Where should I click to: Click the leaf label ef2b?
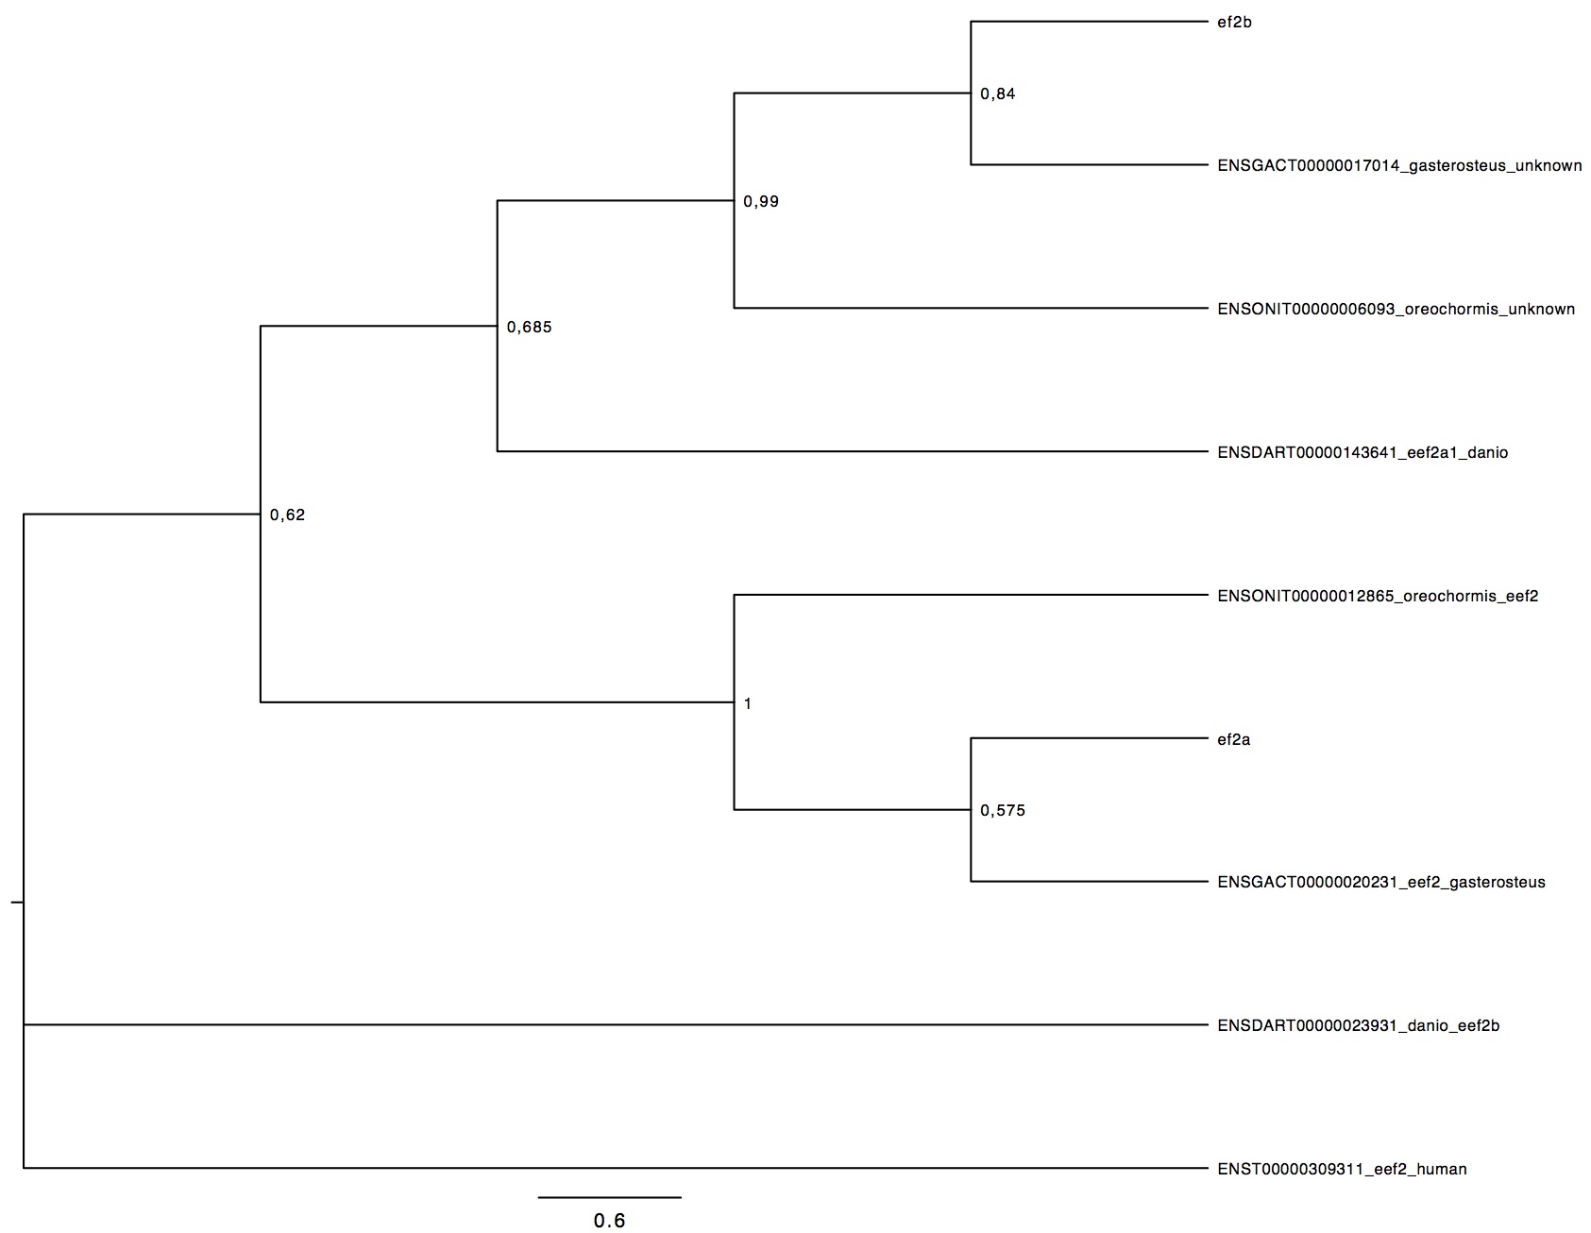(x=1234, y=23)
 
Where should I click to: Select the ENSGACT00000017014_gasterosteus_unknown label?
(x=1399, y=166)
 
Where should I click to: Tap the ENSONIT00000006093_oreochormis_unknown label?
(x=1396, y=310)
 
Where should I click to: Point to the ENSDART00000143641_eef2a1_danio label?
(x=1363, y=453)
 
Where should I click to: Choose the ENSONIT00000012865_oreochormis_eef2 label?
(x=1378, y=597)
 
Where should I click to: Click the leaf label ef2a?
(x=1233, y=740)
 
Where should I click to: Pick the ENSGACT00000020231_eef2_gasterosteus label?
(x=1381, y=883)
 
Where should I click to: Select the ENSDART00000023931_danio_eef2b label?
(x=1358, y=1026)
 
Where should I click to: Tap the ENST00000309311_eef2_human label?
(x=1342, y=1170)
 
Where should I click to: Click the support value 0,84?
(x=998, y=94)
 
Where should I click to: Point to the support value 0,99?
(x=761, y=202)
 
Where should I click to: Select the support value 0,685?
(x=529, y=329)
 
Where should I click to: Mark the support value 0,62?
(x=287, y=515)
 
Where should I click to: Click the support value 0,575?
(x=1003, y=811)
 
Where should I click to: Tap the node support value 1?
(x=748, y=704)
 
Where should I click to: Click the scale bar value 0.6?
(x=609, y=1222)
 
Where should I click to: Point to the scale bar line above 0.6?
(x=610, y=1198)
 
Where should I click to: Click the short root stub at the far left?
(x=17, y=903)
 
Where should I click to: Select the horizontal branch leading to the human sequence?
(x=616, y=1169)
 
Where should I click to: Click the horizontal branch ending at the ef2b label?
(x=1090, y=22)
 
